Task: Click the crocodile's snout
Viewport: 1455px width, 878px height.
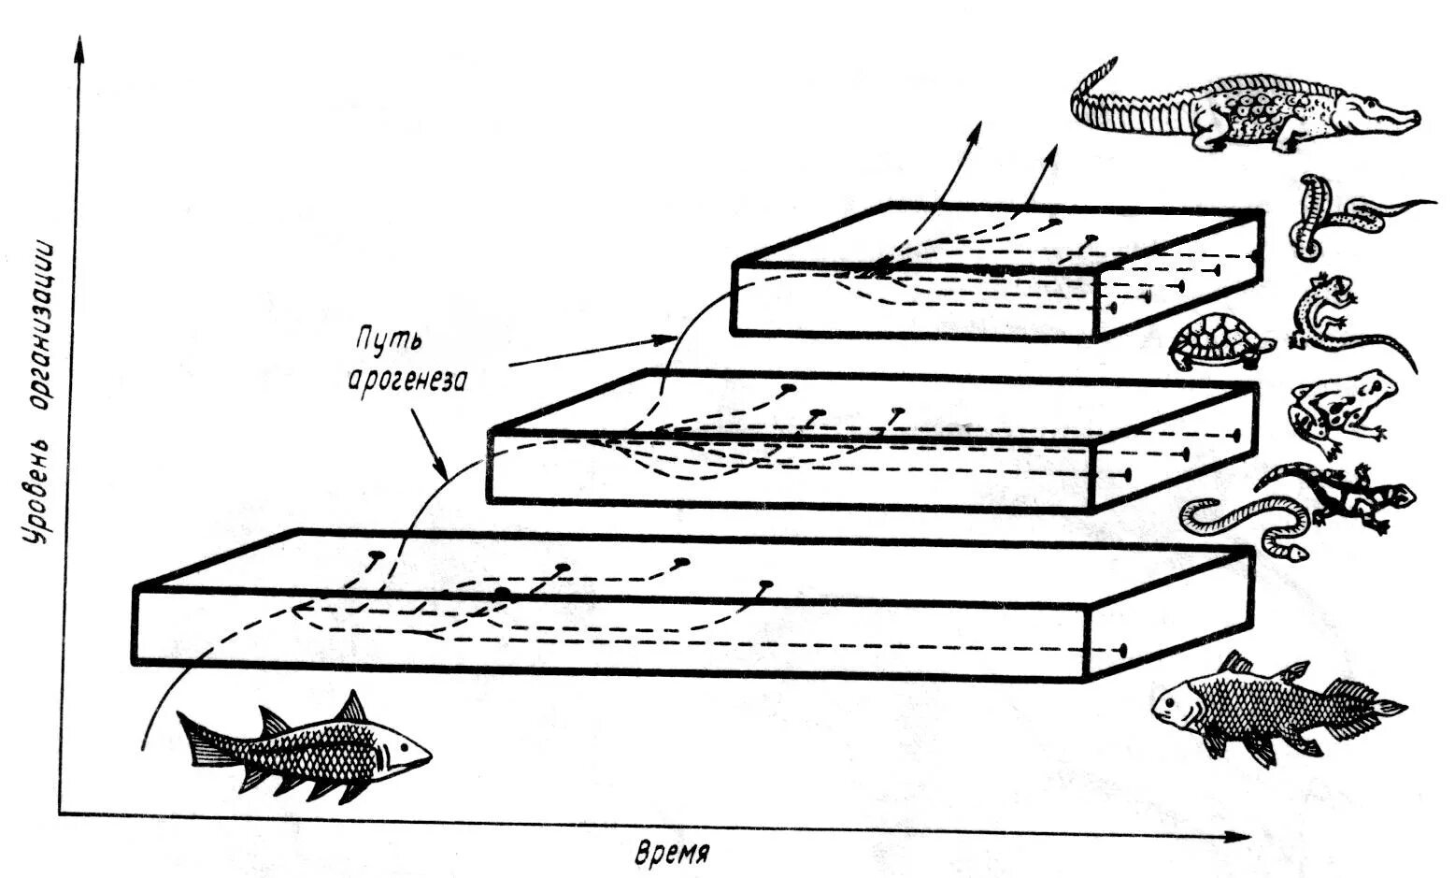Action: [x=1402, y=120]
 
